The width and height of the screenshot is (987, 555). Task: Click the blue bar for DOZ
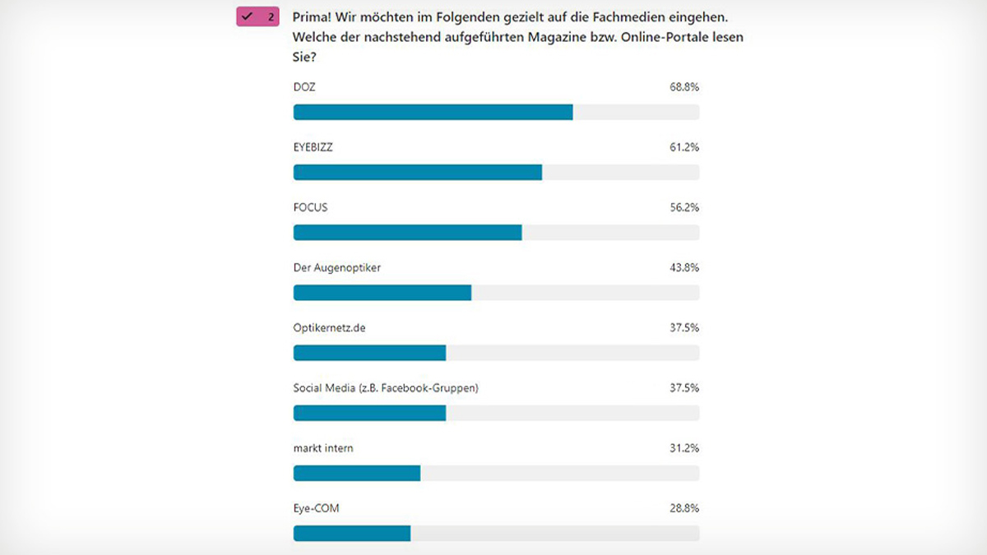pyautogui.click(x=433, y=113)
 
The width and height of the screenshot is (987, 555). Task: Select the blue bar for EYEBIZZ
pyautogui.click(x=417, y=173)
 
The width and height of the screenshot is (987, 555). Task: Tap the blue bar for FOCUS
pyautogui.click(x=407, y=233)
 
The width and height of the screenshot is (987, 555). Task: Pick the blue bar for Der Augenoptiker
pyautogui.click(x=382, y=293)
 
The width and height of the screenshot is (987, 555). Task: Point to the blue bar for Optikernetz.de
pyautogui.click(x=369, y=353)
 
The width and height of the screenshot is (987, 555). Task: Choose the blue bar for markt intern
pyautogui.click(x=356, y=473)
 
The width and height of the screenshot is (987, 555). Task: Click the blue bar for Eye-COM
pyautogui.click(x=351, y=533)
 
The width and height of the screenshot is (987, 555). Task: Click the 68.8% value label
pyautogui.click(x=684, y=87)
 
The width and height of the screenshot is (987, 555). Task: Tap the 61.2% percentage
pyautogui.click(x=684, y=147)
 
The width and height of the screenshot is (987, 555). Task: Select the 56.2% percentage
pyautogui.click(x=684, y=207)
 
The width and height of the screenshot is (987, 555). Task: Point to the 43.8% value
pyautogui.click(x=684, y=267)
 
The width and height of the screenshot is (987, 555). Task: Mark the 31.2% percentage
pyautogui.click(x=684, y=448)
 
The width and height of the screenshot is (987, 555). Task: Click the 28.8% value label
pyautogui.click(x=684, y=508)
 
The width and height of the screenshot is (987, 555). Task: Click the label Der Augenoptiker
pyautogui.click(x=336, y=267)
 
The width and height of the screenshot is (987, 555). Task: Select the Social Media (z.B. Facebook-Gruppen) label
pyautogui.click(x=385, y=387)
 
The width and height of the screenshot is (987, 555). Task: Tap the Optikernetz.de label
pyautogui.click(x=329, y=327)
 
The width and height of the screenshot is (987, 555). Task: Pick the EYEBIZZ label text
pyautogui.click(x=313, y=147)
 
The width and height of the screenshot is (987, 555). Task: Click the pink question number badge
pyautogui.click(x=257, y=16)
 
